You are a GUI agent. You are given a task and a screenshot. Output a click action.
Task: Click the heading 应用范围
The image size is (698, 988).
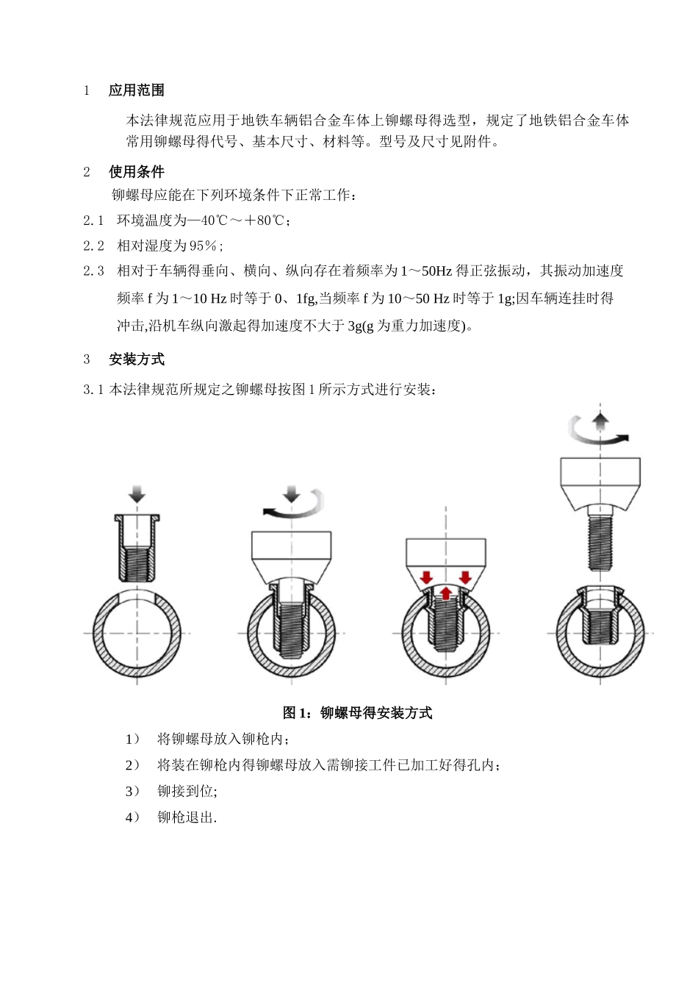coord(136,90)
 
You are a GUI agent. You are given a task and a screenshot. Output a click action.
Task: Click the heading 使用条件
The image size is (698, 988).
coord(136,172)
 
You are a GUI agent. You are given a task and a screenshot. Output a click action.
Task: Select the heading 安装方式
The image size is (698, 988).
coord(136,359)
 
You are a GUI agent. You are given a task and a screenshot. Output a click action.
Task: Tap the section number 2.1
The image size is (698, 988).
coord(93,221)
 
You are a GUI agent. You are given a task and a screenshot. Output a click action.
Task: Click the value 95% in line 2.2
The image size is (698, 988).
coord(204,246)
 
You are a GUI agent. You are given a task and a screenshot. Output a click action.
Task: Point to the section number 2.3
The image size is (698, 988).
coord(93,271)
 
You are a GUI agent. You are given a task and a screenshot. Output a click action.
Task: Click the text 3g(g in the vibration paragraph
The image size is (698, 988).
coord(361,326)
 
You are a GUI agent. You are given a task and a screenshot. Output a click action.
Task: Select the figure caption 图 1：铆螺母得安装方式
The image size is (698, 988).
coord(357,712)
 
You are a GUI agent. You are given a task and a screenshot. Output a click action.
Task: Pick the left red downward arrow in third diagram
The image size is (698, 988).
coord(426,577)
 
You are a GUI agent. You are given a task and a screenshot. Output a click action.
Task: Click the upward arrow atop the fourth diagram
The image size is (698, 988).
coord(601,421)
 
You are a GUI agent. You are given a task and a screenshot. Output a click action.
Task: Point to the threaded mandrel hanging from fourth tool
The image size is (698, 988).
coord(600,542)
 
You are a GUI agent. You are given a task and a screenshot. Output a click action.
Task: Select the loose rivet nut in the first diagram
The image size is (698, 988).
coord(137,548)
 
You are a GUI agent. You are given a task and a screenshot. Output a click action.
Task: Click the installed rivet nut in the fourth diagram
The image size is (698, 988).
coord(600,614)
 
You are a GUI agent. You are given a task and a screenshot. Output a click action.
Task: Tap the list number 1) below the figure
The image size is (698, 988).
coord(132,739)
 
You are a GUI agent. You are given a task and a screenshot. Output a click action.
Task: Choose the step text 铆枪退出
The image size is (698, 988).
coord(187,817)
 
